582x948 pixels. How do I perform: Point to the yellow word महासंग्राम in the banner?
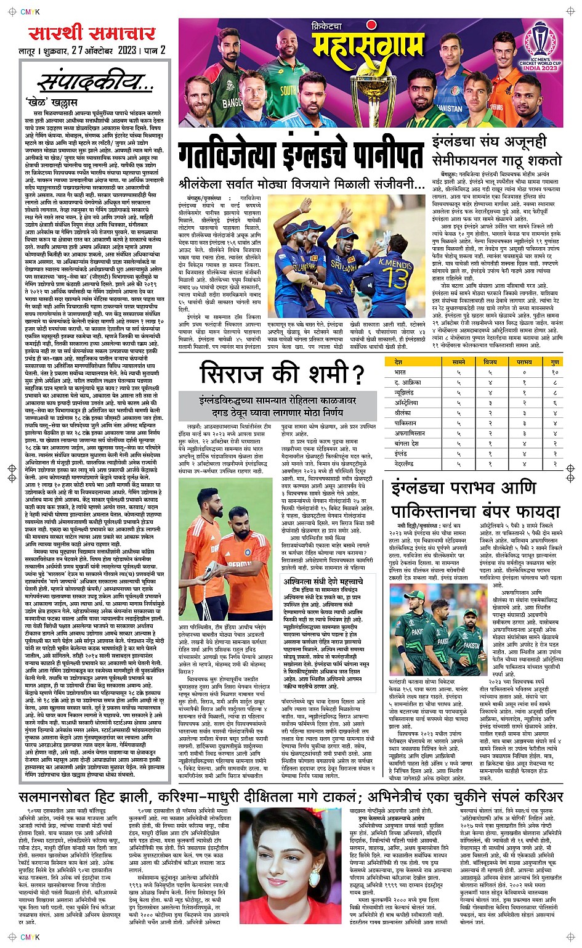(368, 47)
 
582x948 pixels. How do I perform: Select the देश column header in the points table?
(398, 362)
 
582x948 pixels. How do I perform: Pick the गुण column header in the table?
(554, 362)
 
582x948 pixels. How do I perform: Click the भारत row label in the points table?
(400, 372)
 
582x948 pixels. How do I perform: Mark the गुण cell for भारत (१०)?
(554, 372)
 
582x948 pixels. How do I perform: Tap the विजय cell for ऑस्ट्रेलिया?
(490, 402)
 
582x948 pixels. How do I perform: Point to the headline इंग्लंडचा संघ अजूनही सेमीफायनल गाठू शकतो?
(496, 151)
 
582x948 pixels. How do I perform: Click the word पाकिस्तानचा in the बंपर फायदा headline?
(442, 512)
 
